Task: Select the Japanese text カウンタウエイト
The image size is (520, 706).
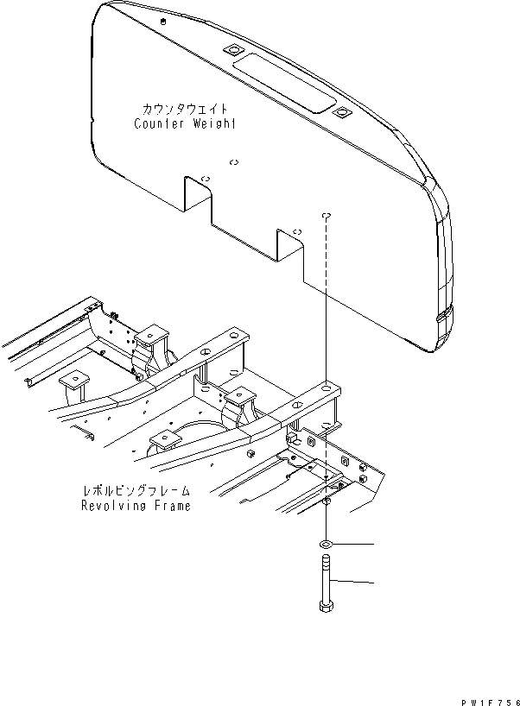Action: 186,110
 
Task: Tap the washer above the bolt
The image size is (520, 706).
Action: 327,545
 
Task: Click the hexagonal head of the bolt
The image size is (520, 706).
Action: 327,608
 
